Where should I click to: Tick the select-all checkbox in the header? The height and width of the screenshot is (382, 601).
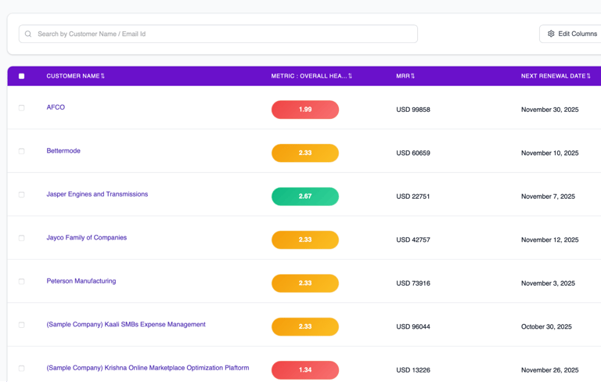tap(22, 76)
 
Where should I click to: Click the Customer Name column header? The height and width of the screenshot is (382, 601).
tap(75, 76)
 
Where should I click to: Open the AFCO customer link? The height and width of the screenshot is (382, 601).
tap(56, 107)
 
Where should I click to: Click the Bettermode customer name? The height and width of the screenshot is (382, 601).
tap(63, 151)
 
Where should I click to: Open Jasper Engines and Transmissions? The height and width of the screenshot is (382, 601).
tap(97, 194)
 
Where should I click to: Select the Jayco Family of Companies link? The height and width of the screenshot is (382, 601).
tap(86, 238)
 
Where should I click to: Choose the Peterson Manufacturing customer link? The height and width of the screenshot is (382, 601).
tap(81, 281)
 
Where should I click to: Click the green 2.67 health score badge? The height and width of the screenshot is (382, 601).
tap(305, 196)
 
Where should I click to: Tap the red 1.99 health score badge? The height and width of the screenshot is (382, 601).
tap(305, 110)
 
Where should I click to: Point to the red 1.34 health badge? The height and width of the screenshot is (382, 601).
tap(305, 370)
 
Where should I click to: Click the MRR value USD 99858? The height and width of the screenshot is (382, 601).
tap(413, 110)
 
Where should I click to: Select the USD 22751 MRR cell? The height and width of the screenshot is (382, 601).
tap(413, 196)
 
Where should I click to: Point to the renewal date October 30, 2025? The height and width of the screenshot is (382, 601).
tap(546, 326)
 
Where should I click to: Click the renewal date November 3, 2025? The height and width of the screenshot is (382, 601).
tap(548, 283)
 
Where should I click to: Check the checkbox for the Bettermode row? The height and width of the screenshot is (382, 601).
tap(22, 151)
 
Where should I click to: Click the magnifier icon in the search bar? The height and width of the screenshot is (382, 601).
tap(28, 34)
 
